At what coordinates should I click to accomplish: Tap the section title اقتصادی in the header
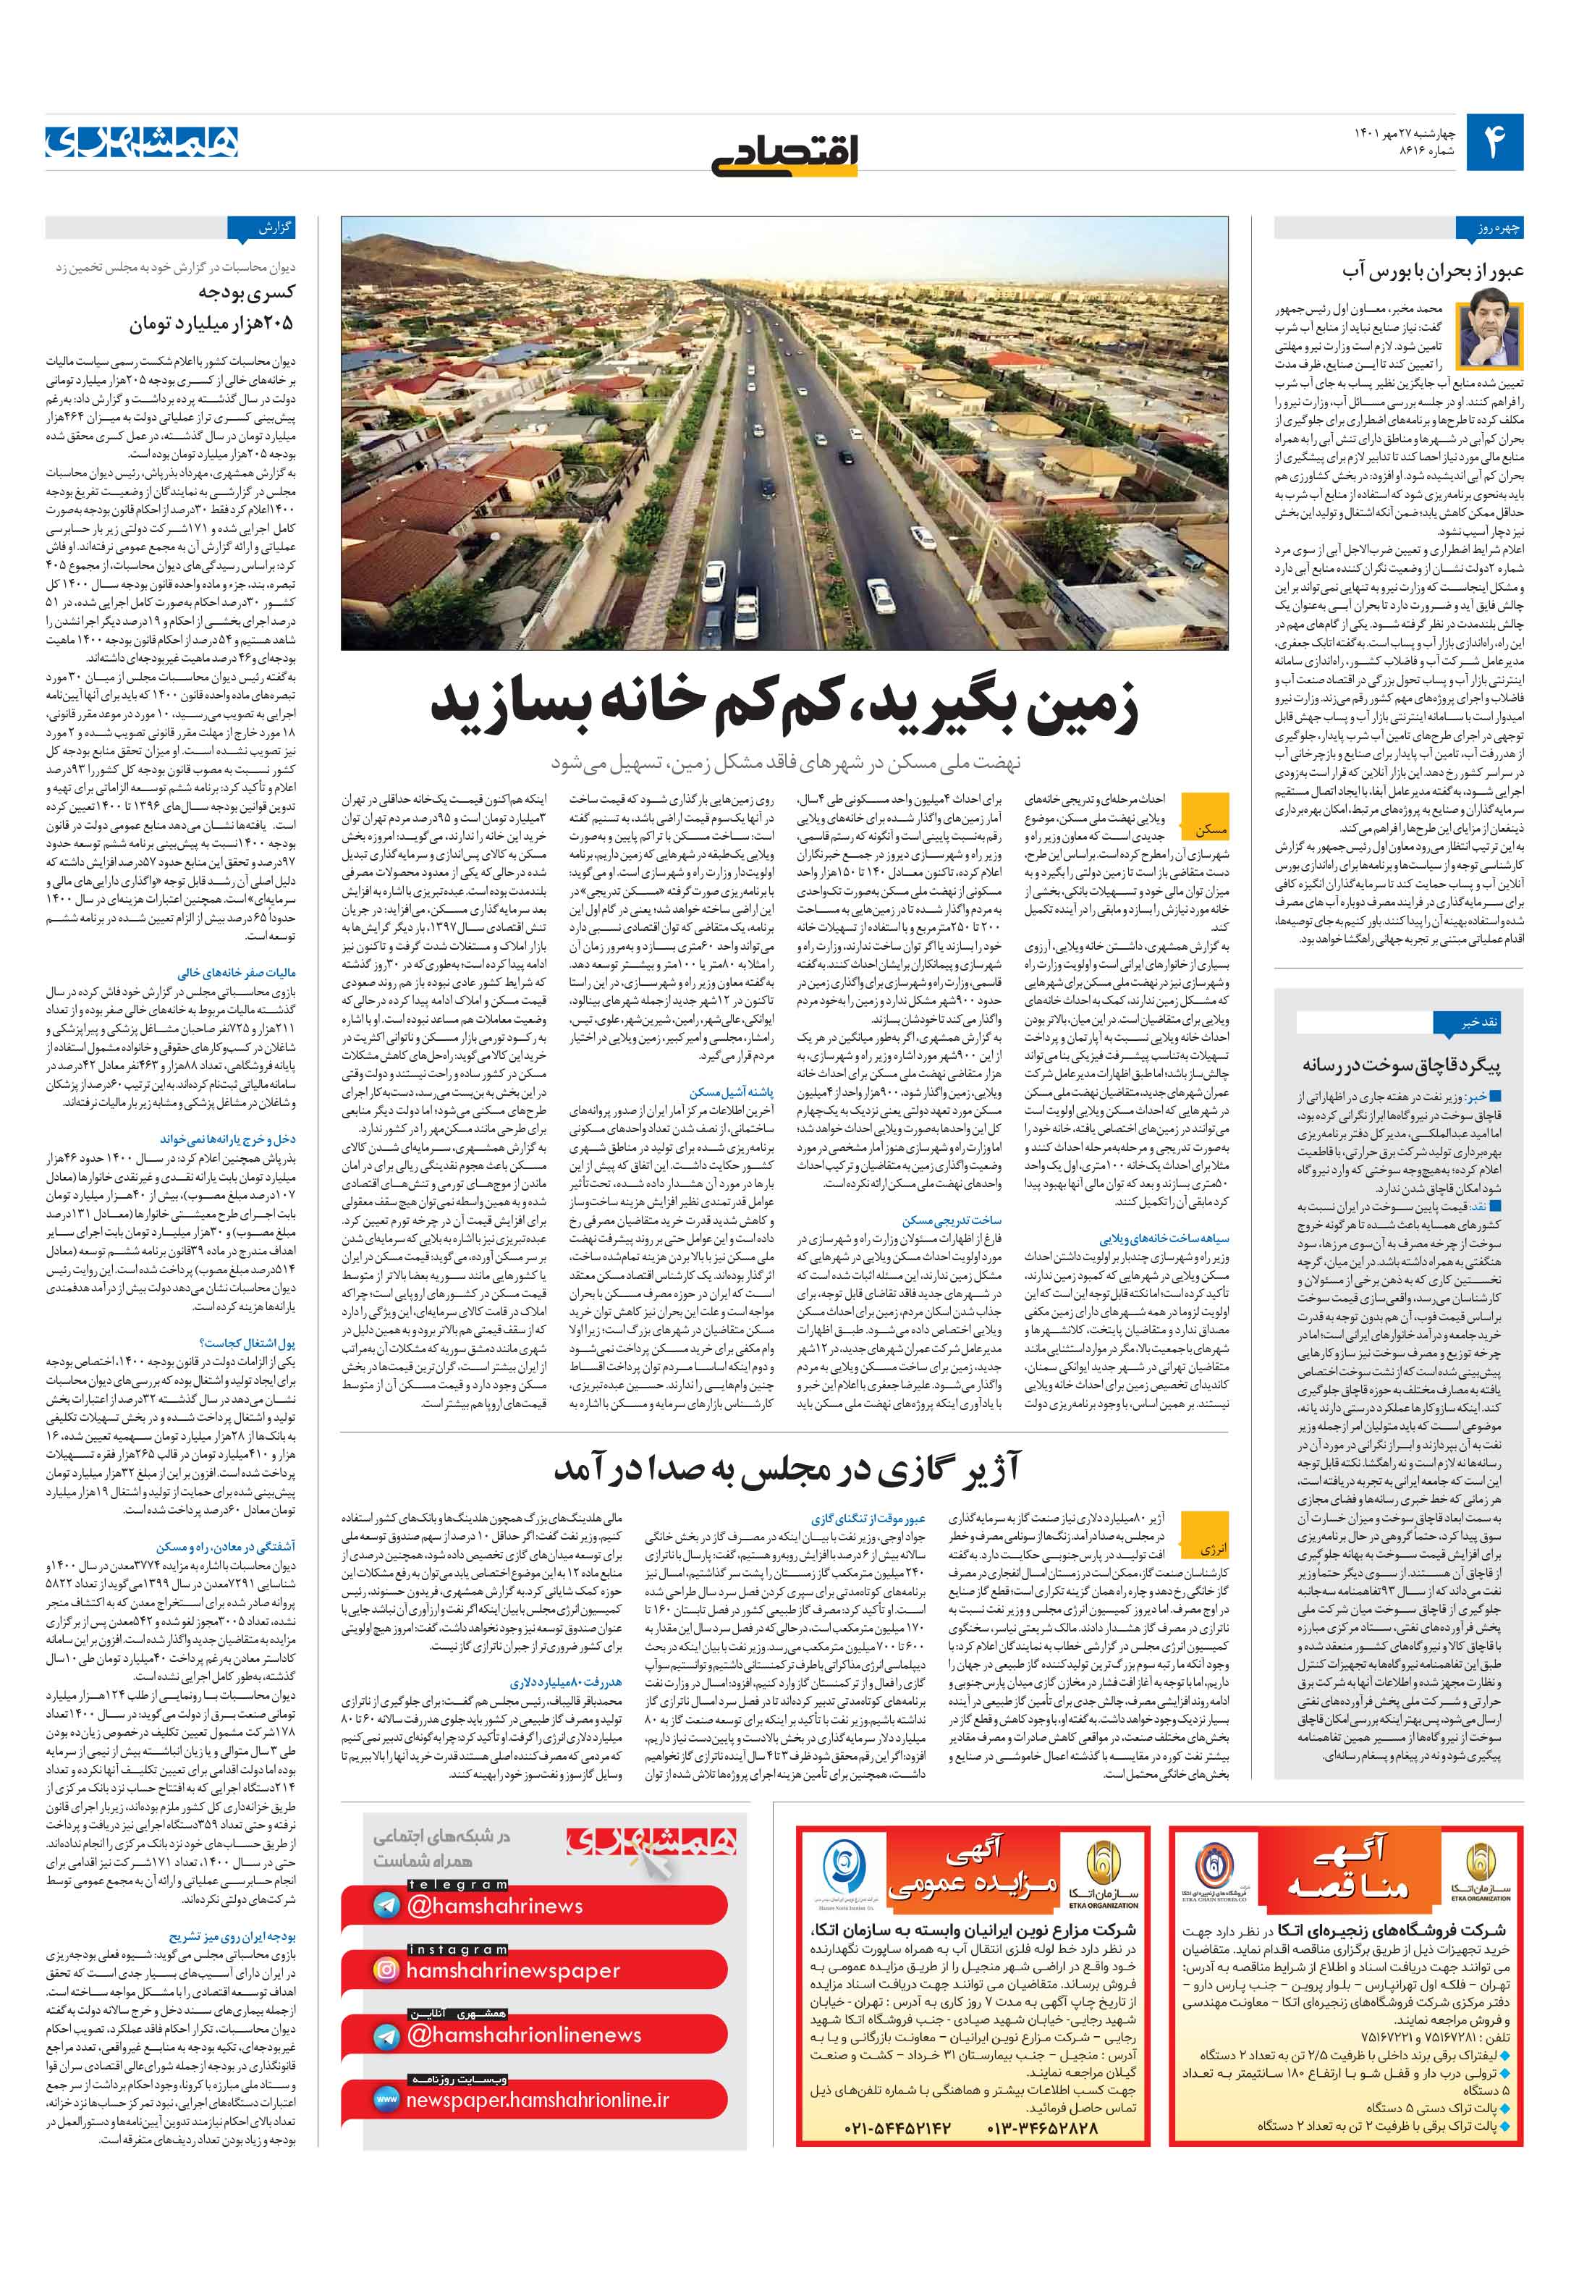pos(784,153)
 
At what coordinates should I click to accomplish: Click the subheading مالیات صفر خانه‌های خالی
pos(236,972)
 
